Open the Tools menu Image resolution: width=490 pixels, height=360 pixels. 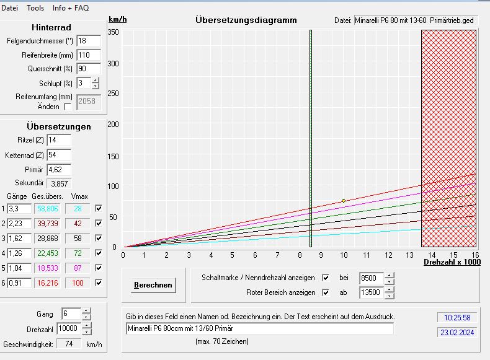[35, 8]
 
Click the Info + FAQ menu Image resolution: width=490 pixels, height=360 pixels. [71, 8]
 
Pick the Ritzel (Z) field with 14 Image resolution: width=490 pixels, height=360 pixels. [59, 140]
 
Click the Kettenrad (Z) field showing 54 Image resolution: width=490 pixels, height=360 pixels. [59, 155]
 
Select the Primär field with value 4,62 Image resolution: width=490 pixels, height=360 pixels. [59, 169]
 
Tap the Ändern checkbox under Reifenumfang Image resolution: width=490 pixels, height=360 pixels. [68, 107]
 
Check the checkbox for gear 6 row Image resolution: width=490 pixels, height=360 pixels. [98, 283]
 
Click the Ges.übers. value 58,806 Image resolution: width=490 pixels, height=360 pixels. [47, 209]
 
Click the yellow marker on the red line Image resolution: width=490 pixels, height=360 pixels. [343, 201]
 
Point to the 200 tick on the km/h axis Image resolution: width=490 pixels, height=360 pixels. [112, 124]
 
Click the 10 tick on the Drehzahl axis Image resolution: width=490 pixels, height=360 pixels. [343, 255]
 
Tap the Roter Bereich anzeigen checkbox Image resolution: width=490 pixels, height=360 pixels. [325, 292]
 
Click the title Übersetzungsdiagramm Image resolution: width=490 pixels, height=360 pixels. [246, 20]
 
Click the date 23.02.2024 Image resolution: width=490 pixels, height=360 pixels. [457, 333]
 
